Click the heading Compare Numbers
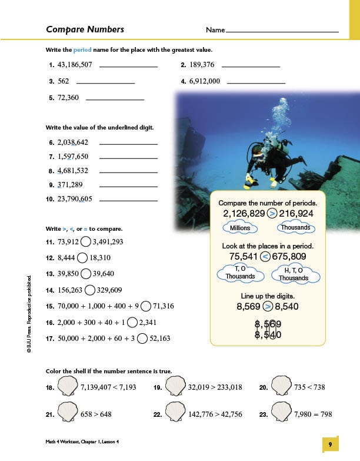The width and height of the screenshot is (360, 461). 85,29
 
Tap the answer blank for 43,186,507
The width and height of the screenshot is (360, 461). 129,66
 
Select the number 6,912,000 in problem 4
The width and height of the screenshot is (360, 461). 205,81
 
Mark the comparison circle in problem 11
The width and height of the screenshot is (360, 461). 86,241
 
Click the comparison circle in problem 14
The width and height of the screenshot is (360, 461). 90,290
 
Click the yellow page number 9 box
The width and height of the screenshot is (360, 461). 331,445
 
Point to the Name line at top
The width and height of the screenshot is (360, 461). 282,30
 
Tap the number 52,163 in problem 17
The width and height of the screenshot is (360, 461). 160,339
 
